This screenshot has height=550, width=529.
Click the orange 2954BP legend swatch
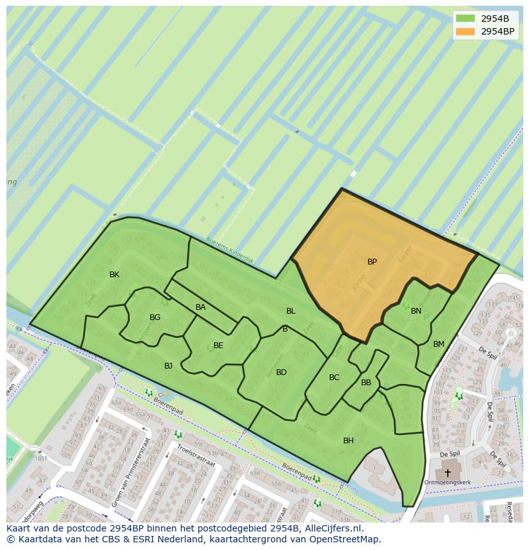(466, 31)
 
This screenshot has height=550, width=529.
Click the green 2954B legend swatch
(466, 19)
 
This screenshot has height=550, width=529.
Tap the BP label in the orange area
(372, 262)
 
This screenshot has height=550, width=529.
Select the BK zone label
(114, 275)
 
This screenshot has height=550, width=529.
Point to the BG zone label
(155, 317)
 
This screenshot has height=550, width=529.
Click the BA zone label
(201, 307)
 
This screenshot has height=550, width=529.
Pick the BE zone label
(218, 346)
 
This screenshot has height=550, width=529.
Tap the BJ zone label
(168, 366)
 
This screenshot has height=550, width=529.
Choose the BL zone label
(291, 311)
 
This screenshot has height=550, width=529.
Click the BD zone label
(281, 372)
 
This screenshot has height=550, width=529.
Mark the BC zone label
(334, 378)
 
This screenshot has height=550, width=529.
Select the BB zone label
(366, 383)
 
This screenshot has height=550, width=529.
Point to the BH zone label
(348, 441)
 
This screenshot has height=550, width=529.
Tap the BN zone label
(416, 311)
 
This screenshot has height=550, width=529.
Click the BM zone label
(438, 344)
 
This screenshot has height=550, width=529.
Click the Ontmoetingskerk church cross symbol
(447, 473)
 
